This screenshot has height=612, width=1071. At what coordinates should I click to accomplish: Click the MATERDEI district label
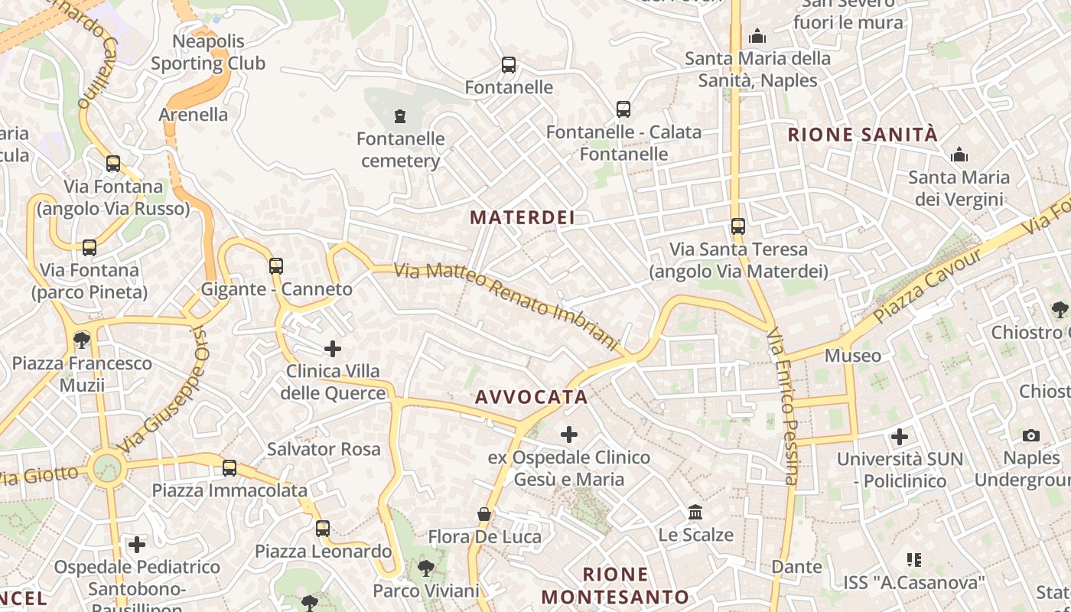522,217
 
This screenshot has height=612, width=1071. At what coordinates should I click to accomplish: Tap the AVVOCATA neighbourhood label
531,397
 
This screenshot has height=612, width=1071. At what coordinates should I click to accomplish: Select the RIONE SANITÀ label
862,135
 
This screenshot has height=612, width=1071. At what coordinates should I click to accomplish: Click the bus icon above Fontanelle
509,65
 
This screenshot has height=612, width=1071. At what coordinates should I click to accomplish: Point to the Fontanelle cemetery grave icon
399,116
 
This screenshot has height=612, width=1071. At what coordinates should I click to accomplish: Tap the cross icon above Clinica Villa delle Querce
333,349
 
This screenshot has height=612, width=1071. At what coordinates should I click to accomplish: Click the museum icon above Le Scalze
695,512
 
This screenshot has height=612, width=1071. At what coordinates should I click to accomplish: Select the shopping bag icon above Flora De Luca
484,514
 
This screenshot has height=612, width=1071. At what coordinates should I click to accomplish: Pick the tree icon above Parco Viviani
425,568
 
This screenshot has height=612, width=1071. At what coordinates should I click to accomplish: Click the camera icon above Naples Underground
1031,435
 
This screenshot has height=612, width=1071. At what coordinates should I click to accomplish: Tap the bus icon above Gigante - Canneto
276,266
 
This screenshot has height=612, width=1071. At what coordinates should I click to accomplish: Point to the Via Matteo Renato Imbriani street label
506,305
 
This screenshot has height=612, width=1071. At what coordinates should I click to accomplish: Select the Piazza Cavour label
926,285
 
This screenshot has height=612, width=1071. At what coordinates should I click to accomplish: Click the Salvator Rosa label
324,449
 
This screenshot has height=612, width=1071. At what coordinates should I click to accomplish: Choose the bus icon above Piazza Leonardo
323,528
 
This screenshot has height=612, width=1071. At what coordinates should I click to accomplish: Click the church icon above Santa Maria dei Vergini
959,155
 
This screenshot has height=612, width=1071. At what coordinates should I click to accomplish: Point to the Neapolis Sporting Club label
208,52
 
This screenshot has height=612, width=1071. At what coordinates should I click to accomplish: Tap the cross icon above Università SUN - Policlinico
900,437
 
